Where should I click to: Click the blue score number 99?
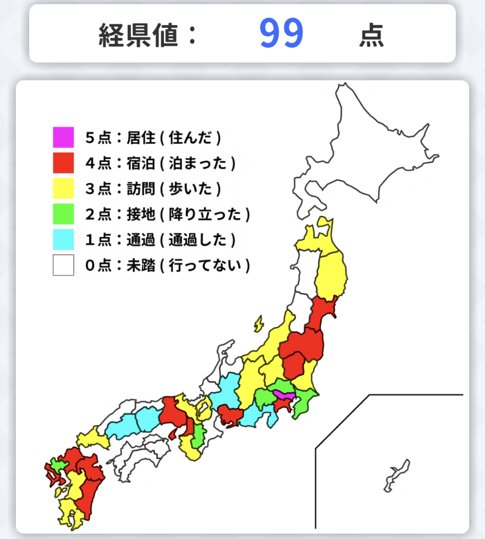pos(281,33)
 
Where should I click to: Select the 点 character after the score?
pos(372,35)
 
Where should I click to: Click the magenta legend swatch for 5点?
pos(63,138)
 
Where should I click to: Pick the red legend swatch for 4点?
pos(63,163)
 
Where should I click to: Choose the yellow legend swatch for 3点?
pos(63,189)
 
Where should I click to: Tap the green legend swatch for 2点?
pos(63,214)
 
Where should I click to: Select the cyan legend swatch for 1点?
pos(63,240)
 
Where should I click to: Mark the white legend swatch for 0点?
pos(63,266)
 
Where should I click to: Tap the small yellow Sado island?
pos(258,324)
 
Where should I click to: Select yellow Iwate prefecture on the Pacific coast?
pos(331,275)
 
